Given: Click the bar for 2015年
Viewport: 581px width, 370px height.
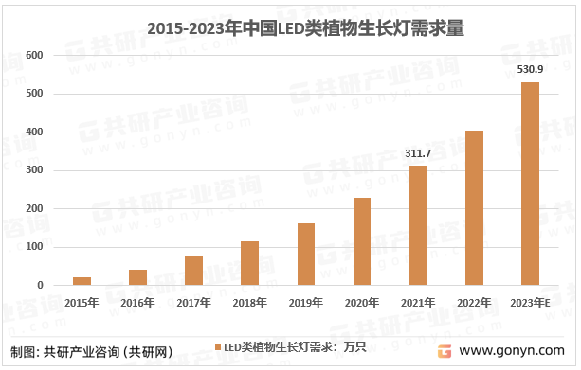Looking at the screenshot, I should (x=82, y=281).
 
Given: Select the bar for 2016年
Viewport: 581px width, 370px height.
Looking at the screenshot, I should (x=138, y=277).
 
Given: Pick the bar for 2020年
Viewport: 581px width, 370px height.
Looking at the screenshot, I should (x=362, y=241).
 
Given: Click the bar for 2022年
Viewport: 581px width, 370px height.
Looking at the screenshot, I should (x=474, y=208).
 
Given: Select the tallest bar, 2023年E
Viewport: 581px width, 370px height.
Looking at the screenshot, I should (x=530, y=184).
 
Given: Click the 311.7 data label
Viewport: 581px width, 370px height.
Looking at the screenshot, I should (x=417, y=153).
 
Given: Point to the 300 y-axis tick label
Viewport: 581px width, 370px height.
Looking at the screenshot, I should (x=35, y=170).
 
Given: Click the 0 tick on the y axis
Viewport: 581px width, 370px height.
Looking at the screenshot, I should (x=41, y=285).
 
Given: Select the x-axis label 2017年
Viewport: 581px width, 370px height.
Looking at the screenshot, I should (x=194, y=302).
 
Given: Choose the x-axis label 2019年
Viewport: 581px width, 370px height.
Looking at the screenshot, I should (x=306, y=302).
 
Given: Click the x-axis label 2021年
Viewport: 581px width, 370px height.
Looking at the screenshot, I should (x=418, y=302).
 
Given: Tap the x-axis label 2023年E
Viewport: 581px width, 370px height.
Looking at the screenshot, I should (x=531, y=302).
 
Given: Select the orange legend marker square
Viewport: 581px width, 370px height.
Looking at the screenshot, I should (x=217, y=346).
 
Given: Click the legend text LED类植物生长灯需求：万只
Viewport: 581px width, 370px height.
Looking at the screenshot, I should (x=295, y=346).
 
